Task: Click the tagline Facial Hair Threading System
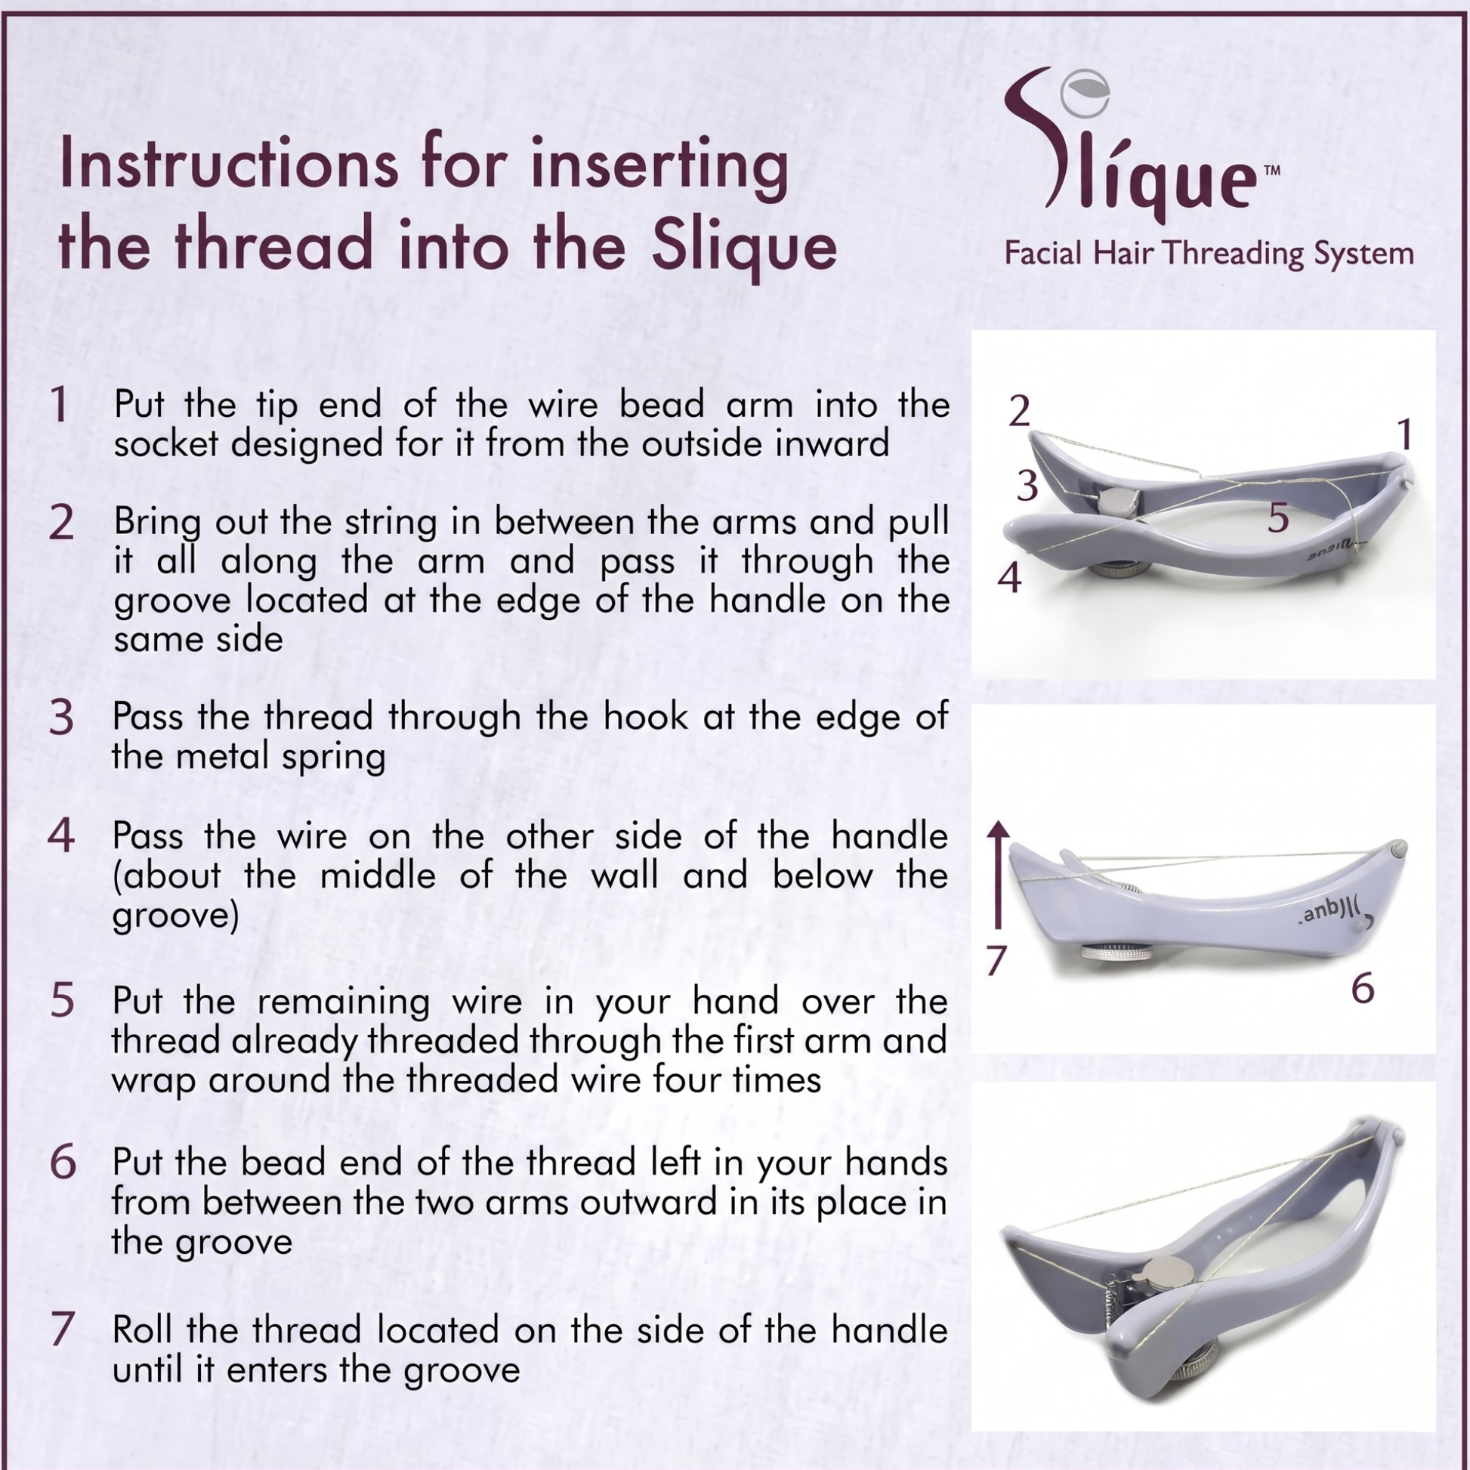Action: [x=1209, y=254]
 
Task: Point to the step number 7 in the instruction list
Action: [x=62, y=1329]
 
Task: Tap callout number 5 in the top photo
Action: [x=1278, y=517]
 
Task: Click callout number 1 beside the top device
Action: [x=1404, y=434]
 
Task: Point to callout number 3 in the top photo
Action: [x=1027, y=485]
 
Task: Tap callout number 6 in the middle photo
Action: [x=1363, y=988]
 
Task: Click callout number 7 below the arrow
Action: [x=996, y=960]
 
